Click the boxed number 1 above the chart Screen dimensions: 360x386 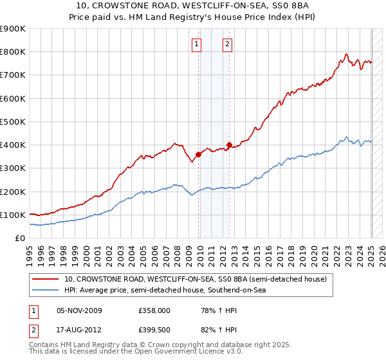tap(196, 44)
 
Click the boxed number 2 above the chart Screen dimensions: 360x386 tap(228, 44)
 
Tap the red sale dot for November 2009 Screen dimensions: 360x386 tap(199, 154)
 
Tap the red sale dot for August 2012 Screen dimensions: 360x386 tap(230, 145)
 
